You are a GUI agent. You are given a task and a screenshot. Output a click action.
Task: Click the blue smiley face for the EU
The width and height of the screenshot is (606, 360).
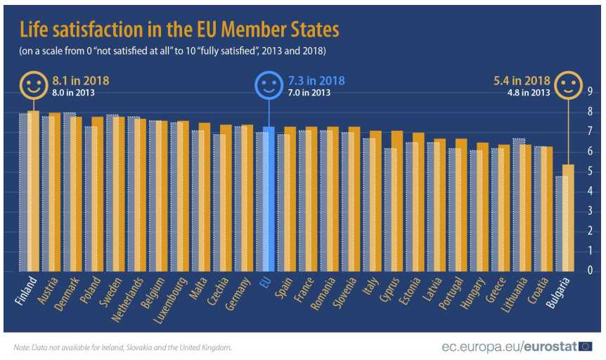pyautogui.click(x=268, y=86)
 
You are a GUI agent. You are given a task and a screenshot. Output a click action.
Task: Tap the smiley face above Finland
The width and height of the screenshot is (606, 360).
pyautogui.click(x=32, y=86)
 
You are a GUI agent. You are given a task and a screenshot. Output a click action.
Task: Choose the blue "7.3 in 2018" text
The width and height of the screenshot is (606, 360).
pyautogui.click(x=316, y=79)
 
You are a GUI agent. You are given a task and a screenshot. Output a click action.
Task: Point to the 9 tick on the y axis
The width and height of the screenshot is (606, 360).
pyautogui.click(x=589, y=91)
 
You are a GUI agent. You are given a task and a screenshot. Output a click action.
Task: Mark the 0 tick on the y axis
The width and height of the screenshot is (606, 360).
pyautogui.click(x=589, y=271)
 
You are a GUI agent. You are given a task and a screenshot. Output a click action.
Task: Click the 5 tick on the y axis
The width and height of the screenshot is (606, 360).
pyautogui.click(x=589, y=171)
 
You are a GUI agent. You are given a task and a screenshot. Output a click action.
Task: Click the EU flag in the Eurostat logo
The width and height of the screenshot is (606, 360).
pyautogui.click(x=584, y=346)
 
